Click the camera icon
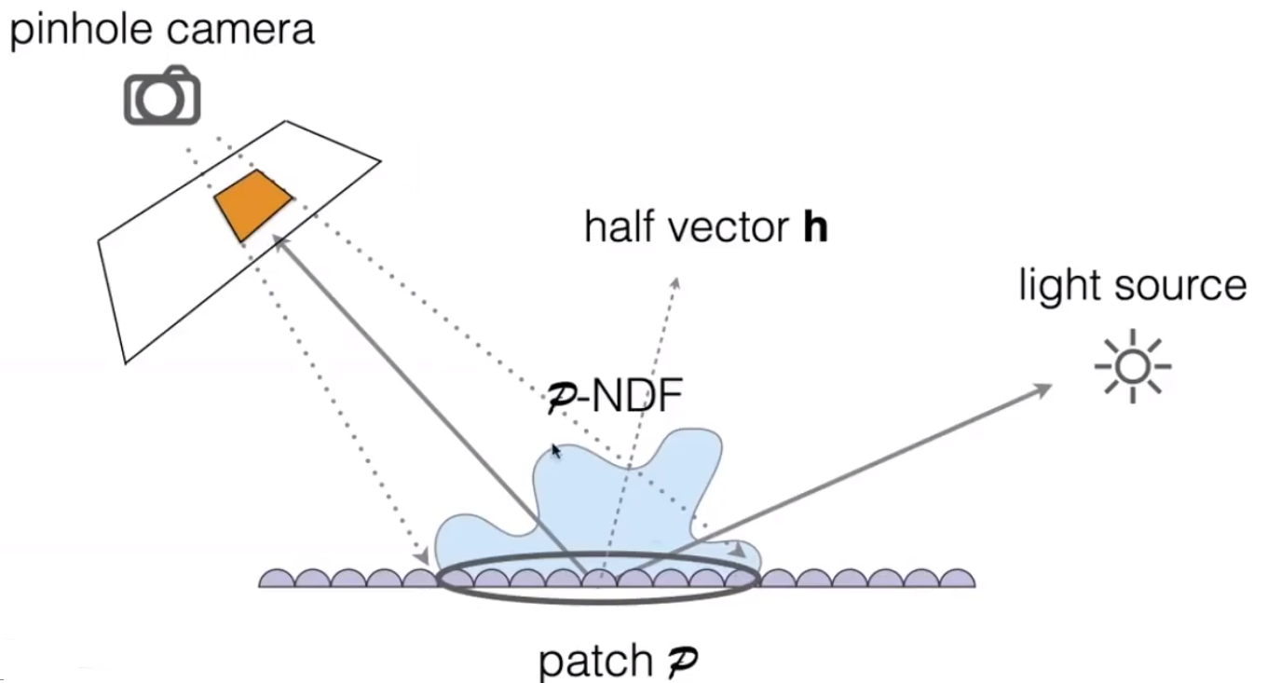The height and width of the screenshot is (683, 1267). (162, 95)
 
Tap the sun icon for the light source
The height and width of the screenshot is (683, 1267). (1132, 366)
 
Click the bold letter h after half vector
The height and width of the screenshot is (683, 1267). (815, 227)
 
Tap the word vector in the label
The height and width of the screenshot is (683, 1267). (728, 227)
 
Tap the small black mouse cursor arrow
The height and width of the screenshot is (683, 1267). (556, 451)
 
